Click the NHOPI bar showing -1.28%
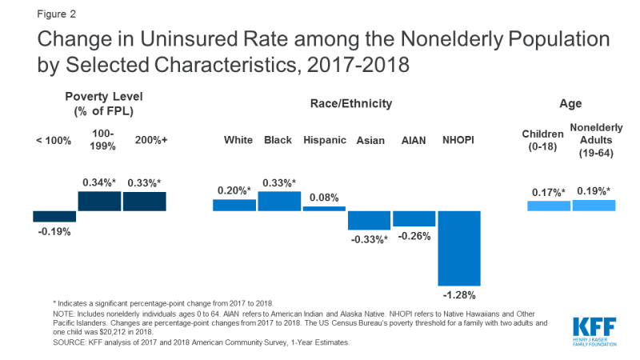[x=459, y=248]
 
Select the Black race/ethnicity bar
[x=279, y=202]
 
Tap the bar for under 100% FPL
[x=54, y=216]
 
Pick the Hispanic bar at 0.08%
[x=324, y=209]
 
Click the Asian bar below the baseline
[x=369, y=220]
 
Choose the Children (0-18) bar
[x=549, y=206]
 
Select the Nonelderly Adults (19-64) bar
[x=594, y=206]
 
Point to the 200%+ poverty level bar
[x=145, y=201]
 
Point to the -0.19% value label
[x=54, y=232]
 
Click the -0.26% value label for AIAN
[x=414, y=236]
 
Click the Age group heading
[x=570, y=104]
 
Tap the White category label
[x=238, y=140]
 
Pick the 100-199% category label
[x=100, y=140]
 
